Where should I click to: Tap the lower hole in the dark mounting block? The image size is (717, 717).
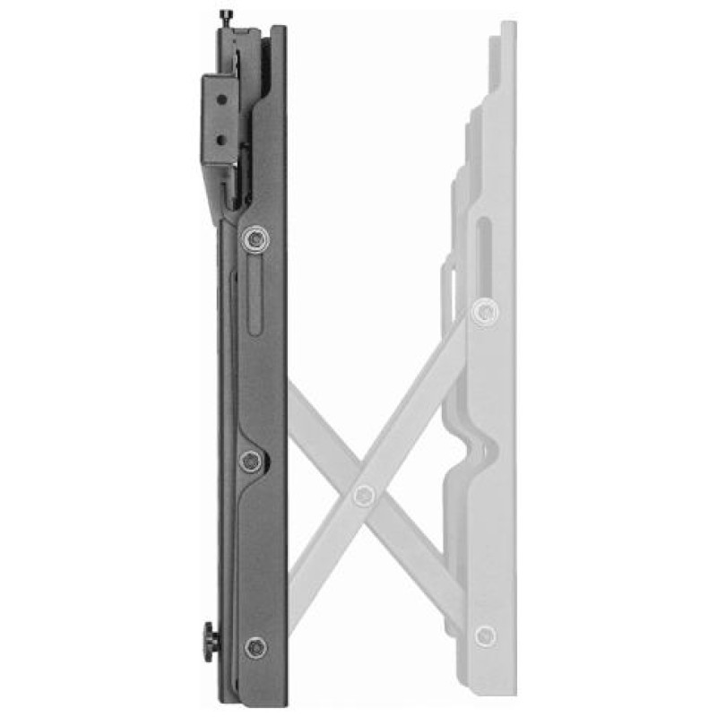click(217, 140)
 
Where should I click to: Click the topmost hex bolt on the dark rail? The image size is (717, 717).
click(255, 238)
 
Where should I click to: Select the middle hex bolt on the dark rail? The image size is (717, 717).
click(251, 461)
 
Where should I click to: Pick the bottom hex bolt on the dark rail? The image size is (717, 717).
click(255, 646)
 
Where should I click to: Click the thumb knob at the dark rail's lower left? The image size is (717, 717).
click(210, 642)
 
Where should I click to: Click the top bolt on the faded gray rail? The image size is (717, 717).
click(485, 311)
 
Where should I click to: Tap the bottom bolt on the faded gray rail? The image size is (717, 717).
click(485, 636)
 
